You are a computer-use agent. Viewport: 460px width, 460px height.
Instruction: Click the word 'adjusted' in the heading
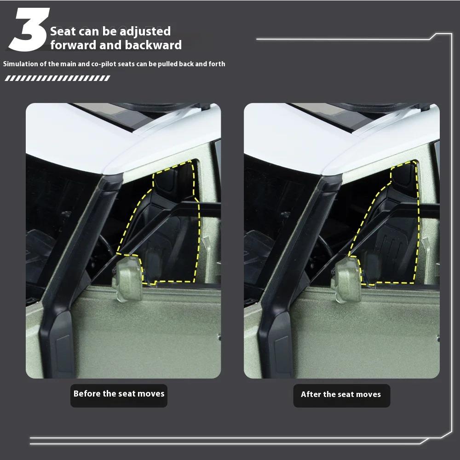[x=145, y=31]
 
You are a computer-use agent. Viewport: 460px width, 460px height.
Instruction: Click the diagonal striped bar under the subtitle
[x=57, y=78]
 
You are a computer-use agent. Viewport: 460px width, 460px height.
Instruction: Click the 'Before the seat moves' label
[x=119, y=394]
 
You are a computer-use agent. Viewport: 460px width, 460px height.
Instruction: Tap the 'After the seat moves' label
[x=341, y=394]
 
